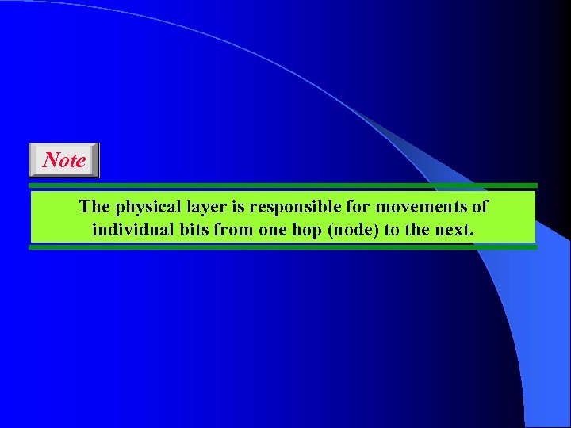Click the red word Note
tap(64, 160)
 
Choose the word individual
tap(130, 231)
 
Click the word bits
tap(190, 231)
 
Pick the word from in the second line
tap(229, 231)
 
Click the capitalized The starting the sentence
tap(95, 207)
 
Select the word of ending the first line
tap(480, 207)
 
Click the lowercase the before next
tap(420, 231)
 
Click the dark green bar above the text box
tap(283, 185)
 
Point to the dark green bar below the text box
tap(283, 247)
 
